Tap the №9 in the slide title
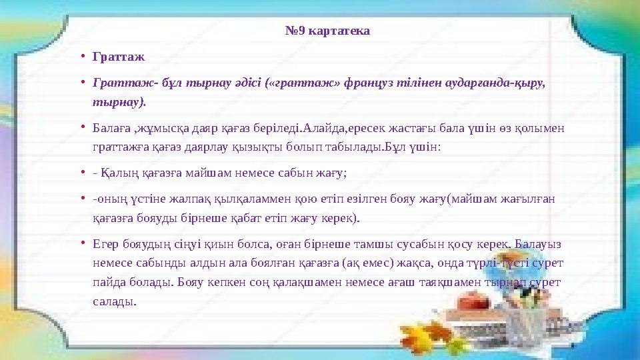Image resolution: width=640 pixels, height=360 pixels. click(x=295, y=31)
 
